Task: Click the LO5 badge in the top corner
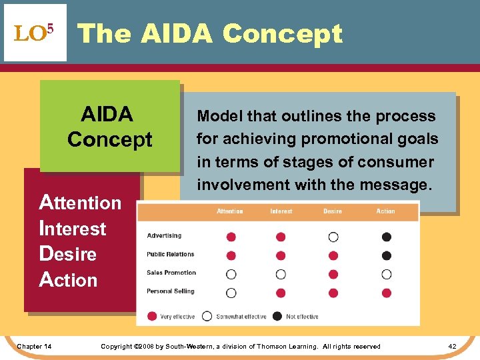[x=35, y=33]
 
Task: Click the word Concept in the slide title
[x=282, y=33]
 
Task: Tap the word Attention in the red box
[x=81, y=202]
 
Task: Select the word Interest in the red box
[x=73, y=228]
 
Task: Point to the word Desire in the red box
[x=68, y=254]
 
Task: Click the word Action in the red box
[x=69, y=280]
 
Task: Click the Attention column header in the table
[x=230, y=211]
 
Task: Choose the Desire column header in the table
[x=332, y=211]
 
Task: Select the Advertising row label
[x=164, y=236]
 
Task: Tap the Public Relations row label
[x=171, y=255]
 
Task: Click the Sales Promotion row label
[x=171, y=273]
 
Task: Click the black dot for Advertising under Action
[x=387, y=237]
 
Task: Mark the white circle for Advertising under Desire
[x=333, y=237]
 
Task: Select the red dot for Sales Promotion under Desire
[x=333, y=274]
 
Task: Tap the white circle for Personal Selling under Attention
[x=231, y=293]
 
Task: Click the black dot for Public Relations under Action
[x=387, y=255]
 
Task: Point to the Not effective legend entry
[x=297, y=316]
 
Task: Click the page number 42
[x=452, y=346]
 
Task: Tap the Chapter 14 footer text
[x=35, y=346]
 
